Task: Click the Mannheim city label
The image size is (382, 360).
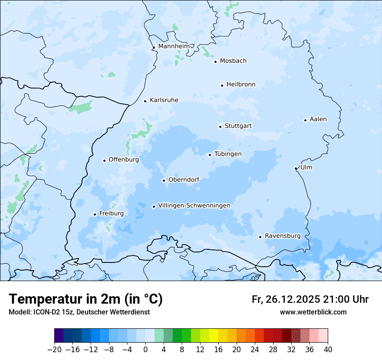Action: [x=174, y=46]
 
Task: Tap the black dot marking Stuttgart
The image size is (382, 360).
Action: [x=220, y=127]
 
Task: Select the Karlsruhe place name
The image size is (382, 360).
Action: [x=164, y=100]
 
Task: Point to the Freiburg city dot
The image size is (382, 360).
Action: [x=95, y=214]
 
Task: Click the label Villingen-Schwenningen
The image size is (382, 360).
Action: [x=194, y=206]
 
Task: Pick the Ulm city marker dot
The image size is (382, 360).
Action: [x=296, y=168]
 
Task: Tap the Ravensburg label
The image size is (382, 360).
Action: [x=282, y=236]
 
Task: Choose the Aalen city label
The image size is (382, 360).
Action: [x=318, y=119]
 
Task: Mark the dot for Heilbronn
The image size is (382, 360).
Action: [x=222, y=85]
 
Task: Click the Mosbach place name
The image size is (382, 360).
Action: [x=233, y=61]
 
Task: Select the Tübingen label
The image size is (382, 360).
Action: [x=228, y=154]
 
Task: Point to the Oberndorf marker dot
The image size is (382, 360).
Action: [x=164, y=180]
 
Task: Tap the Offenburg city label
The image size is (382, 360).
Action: [x=124, y=160]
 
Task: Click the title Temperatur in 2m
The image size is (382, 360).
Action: [x=86, y=299]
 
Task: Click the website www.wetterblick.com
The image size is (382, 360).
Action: [x=313, y=312]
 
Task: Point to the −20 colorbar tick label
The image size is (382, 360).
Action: [x=54, y=349]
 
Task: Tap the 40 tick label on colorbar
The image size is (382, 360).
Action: [x=328, y=349]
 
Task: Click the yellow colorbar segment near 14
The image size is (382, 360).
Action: [x=214, y=336]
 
